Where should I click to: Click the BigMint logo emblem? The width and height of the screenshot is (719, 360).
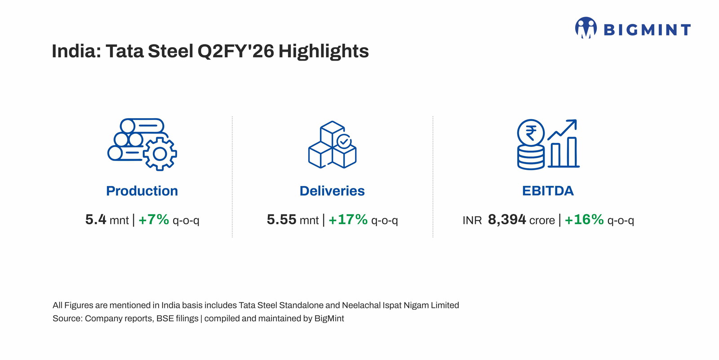click(586, 28)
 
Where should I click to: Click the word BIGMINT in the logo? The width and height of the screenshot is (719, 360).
click(647, 30)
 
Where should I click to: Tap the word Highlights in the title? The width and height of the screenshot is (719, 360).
click(324, 51)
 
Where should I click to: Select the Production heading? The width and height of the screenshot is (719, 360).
click(142, 191)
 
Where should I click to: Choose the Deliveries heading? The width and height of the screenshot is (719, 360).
click(332, 191)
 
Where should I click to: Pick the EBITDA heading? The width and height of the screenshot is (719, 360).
click(548, 191)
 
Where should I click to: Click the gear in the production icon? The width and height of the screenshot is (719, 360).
click(160, 154)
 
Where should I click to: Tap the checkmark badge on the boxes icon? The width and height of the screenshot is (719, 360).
click(344, 141)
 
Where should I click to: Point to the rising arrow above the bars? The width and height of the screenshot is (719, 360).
click(562, 129)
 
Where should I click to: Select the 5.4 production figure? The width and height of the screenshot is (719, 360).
click(96, 220)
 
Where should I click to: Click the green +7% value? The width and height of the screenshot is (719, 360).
click(154, 220)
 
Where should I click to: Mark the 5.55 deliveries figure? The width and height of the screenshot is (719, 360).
click(281, 220)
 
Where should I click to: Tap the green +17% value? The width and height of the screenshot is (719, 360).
click(348, 220)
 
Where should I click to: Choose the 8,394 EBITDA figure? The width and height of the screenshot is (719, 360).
click(507, 220)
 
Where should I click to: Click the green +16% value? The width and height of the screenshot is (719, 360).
click(584, 220)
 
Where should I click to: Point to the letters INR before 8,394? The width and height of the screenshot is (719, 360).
click(472, 221)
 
